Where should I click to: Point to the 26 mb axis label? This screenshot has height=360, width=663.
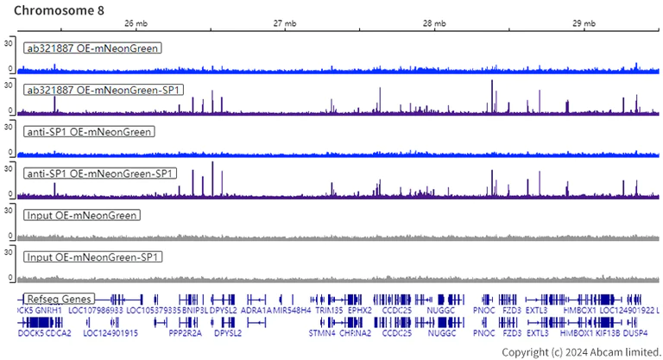click(x=136, y=24)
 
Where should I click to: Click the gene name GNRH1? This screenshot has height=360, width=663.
click(x=48, y=310)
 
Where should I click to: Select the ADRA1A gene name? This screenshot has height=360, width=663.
click(x=256, y=310)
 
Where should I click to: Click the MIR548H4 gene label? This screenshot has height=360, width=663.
click(x=292, y=310)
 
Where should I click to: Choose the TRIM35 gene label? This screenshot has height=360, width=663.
click(x=329, y=310)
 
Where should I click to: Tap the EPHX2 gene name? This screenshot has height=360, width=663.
click(x=360, y=310)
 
